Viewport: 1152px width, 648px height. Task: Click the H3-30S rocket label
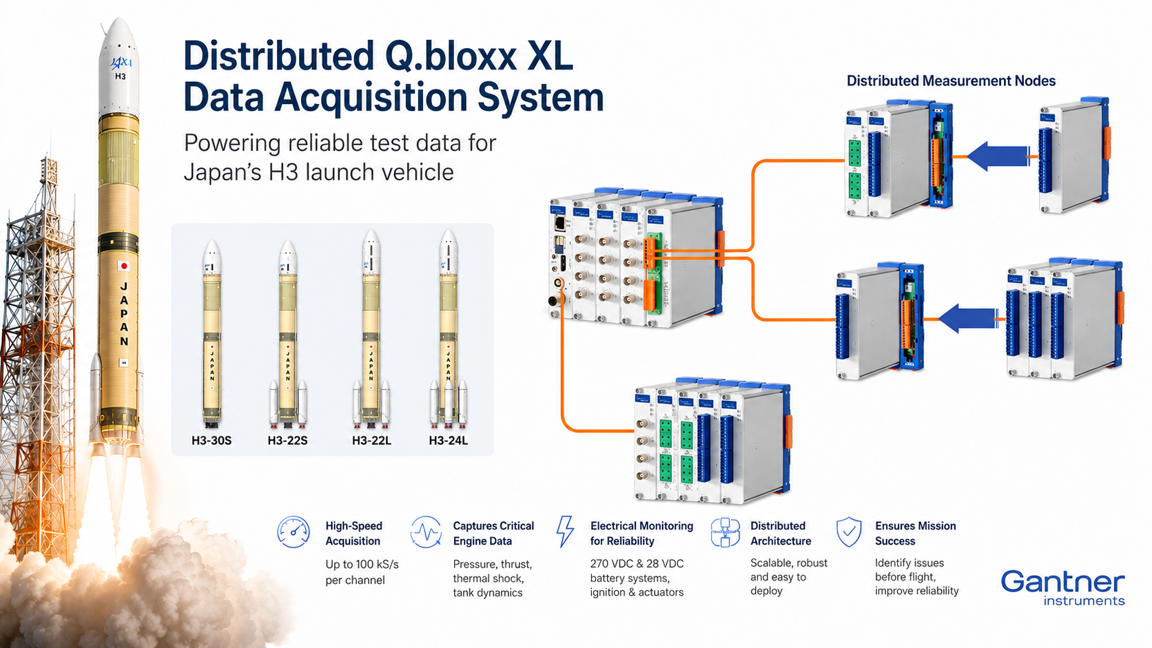[x=212, y=441]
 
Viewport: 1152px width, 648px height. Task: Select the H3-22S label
[x=287, y=441]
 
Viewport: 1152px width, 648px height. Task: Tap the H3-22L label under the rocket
[x=371, y=441]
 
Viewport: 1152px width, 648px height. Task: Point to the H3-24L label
[x=449, y=441]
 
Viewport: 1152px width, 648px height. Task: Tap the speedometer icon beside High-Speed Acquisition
[x=293, y=532]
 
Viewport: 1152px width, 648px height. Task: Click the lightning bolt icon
[x=565, y=532]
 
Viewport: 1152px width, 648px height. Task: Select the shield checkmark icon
[x=849, y=532]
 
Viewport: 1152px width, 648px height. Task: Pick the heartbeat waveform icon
[x=426, y=532]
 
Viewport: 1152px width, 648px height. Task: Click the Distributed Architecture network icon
[x=725, y=532]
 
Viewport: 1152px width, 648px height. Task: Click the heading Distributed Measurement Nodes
[x=951, y=81]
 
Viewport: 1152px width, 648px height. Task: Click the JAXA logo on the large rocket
[x=121, y=63]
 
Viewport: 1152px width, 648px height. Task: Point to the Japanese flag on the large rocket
[x=123, y=266]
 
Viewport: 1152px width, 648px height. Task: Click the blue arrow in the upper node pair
[x=998, y=156]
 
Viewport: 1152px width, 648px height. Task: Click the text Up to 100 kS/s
[x=362, y=564]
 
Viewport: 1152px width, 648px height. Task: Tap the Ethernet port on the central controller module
[x=559, y=223]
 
